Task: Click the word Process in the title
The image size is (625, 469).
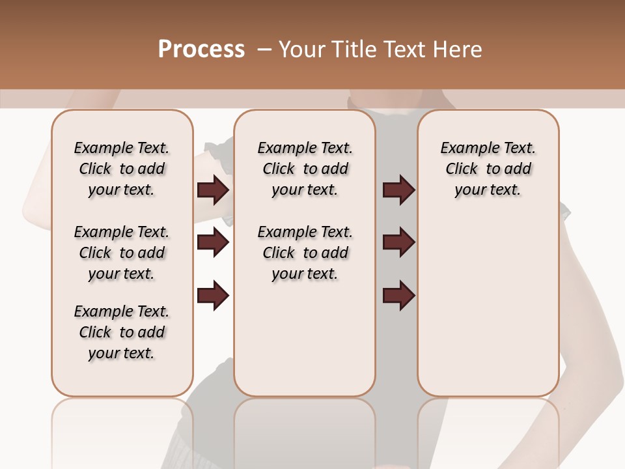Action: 201,49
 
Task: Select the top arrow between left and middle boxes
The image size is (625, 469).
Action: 213,190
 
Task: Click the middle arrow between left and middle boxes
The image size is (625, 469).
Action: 213,243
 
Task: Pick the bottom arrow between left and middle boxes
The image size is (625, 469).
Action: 213,295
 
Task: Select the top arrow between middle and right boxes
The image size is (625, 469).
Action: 398,190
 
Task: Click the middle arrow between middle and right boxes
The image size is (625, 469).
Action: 398,243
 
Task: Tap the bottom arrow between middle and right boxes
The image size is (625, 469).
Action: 398,295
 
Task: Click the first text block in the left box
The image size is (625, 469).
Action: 122,169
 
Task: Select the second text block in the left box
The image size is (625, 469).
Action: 122,253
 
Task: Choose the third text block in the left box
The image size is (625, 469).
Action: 122,332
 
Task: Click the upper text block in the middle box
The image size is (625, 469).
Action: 305,169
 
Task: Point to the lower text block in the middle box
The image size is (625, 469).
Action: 305,253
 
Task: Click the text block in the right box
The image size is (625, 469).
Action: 488,169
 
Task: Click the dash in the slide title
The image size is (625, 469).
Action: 264,50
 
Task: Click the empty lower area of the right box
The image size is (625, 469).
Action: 488,306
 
